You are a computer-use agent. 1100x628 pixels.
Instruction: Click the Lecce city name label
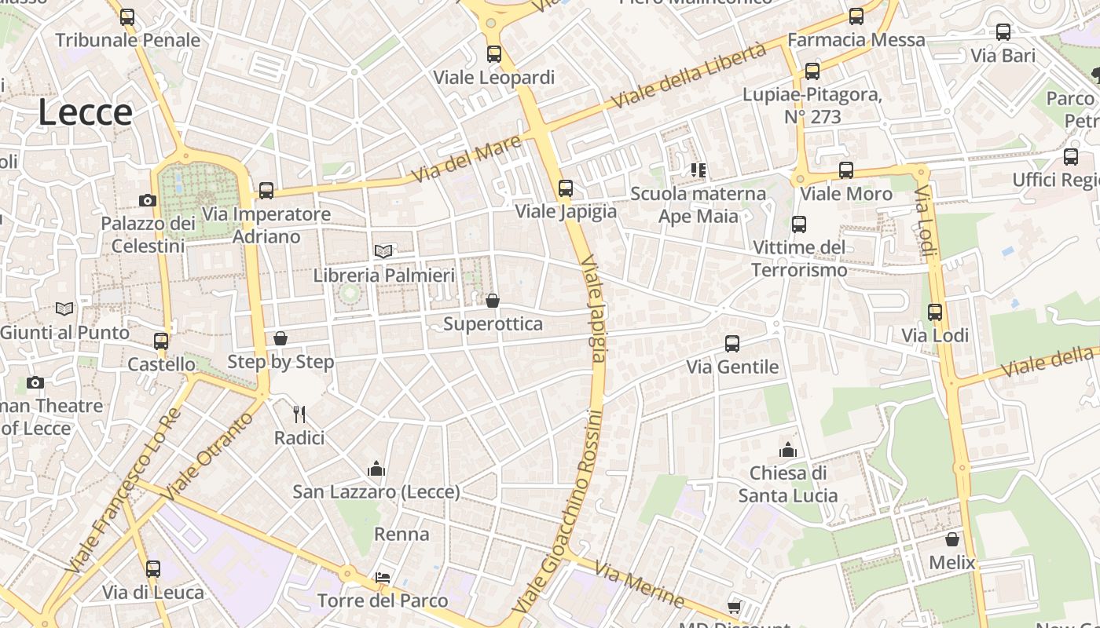coord(85,112)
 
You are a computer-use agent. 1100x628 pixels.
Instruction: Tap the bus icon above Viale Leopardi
coord(493,54)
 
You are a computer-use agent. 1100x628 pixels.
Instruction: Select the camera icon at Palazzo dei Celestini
coord(147,200)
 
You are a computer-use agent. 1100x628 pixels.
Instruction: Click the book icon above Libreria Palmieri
coord(383,251)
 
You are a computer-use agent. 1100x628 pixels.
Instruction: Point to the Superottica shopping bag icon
coord(493,301)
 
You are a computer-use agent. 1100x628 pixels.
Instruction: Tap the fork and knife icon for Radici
coord(299,414)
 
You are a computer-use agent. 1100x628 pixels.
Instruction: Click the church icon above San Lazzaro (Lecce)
coord(376,469)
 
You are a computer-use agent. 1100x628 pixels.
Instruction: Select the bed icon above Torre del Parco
coord(383,578)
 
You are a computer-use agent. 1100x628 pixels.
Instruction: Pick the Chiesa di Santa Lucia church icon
coord(787,450)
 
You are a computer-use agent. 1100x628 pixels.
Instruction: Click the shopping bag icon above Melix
coord(952,539)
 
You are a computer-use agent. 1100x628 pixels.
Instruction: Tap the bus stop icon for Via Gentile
coord(732,344)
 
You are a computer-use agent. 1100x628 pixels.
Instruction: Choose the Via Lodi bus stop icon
coord(935,312)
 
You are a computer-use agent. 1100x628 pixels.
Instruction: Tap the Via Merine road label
coord(639,585)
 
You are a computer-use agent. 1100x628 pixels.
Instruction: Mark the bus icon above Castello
coord(161,341)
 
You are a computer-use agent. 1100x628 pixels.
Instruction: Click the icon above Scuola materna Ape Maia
coord(698,170)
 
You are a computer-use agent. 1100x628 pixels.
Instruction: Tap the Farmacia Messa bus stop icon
coord(856,16)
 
